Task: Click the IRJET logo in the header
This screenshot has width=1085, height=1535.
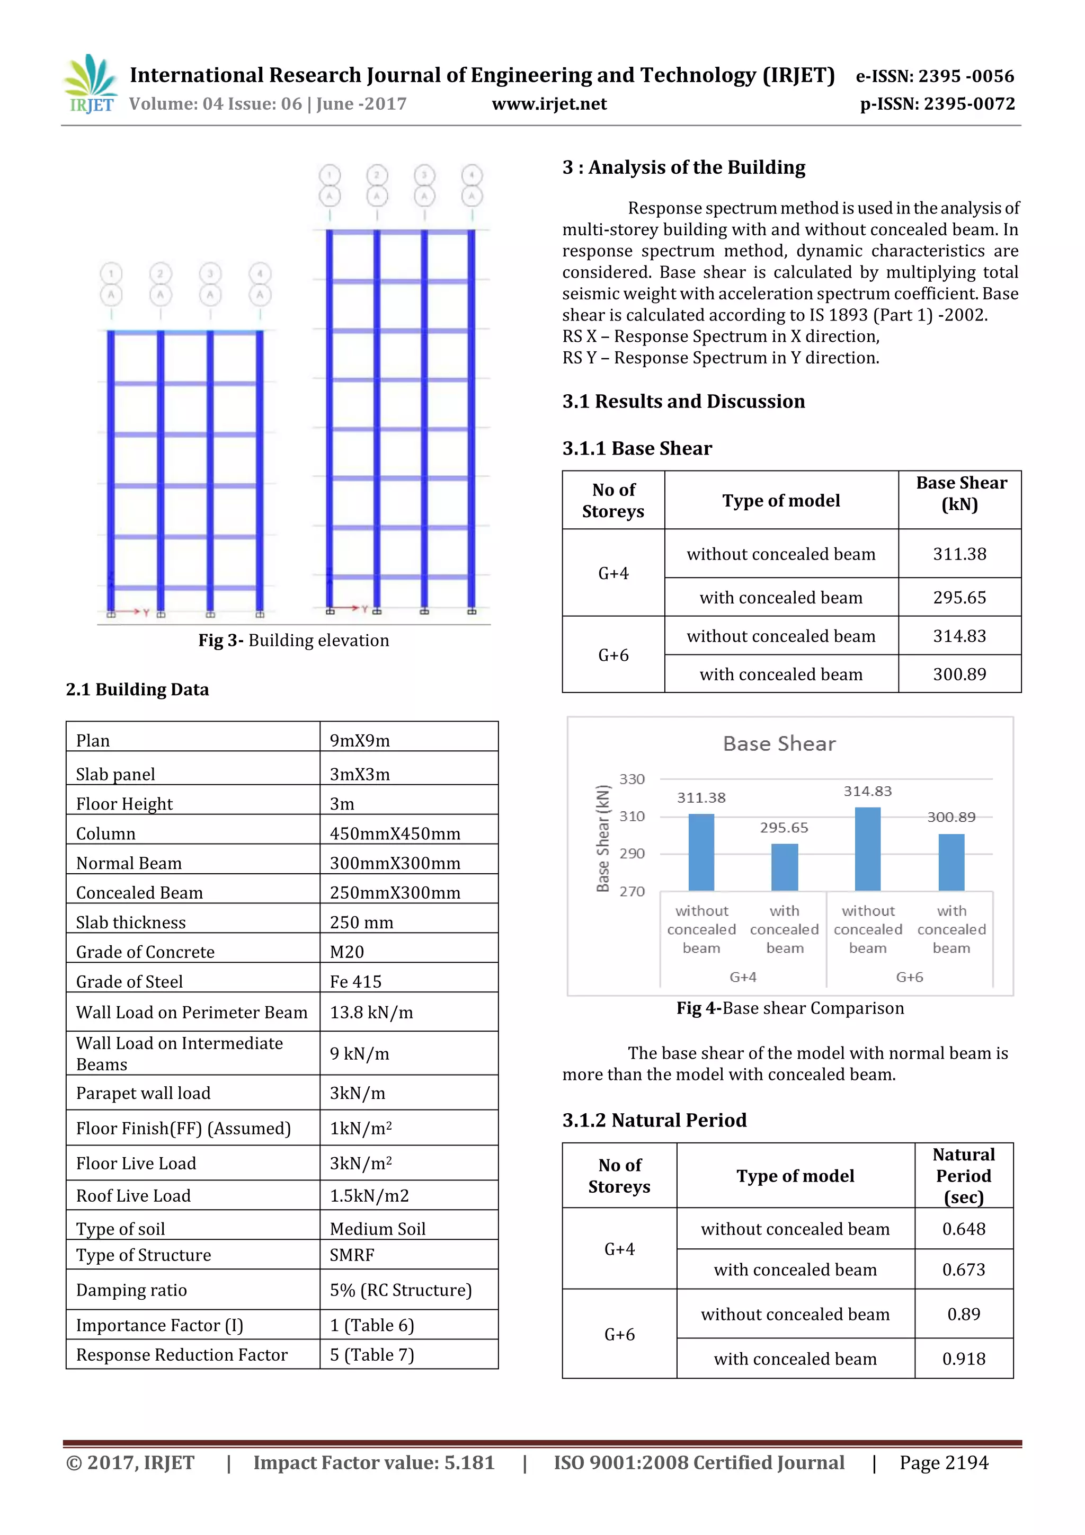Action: (x=90, y=84)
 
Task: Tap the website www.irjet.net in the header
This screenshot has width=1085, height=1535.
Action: (x=549, y=104)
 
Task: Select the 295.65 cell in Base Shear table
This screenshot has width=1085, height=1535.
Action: (x=959, y=597)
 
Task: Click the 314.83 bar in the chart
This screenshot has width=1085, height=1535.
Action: (x=867, y=848)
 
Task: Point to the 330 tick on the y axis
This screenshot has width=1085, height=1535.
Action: (x=632, y=779)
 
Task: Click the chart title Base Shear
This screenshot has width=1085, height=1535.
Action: (x=779, y=743)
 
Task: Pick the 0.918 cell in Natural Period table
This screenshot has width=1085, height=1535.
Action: (x=963, y=1359)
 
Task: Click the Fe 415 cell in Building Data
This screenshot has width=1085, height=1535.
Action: (x=355, y=981)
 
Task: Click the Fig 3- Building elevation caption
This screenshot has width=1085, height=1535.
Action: (x=294, y=640)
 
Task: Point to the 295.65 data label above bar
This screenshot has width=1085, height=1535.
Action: (x=784, y=828)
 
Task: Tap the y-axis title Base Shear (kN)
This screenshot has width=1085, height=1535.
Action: (x=603, y=838)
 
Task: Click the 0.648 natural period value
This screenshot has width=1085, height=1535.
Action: (x=963, y=1229)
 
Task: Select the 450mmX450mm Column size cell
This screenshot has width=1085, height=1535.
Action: (x=394, y=833)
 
